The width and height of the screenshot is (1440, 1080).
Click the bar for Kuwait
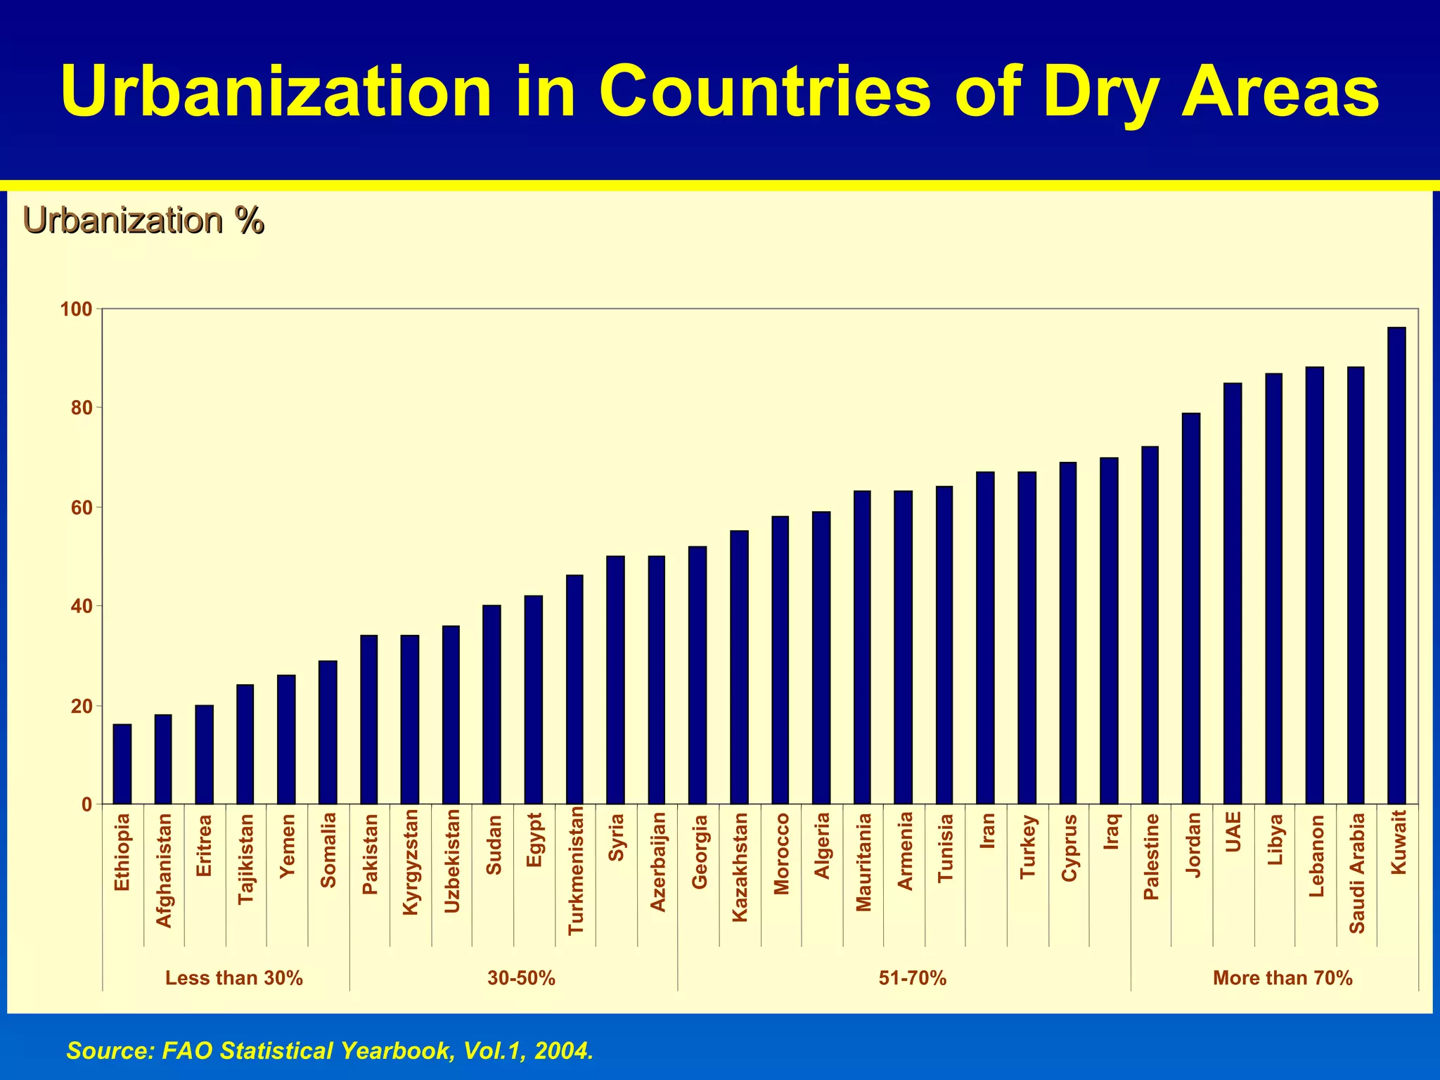[x=1396, y=566]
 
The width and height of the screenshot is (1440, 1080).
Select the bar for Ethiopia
[x=122, y=764]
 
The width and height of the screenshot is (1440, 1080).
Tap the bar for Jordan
[x=1191, y=609]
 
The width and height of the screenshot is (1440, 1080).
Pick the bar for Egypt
[x=534, y=700]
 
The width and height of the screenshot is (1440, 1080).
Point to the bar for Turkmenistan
[x=574, y=690]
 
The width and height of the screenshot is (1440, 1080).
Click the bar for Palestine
[x=1150, y=625]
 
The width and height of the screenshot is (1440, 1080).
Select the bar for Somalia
[x=328, y=733]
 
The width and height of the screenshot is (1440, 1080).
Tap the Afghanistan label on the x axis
[x=164, y=870]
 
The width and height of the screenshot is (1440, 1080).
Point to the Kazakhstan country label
[x=740, y=867]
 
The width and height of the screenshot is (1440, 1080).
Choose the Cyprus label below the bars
[x=1069, y=848]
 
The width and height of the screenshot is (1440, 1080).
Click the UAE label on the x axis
[x=1234, y=832]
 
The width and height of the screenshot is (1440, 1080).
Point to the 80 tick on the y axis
[x=82, y=408]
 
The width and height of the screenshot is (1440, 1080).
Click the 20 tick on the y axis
[x=82, y=706]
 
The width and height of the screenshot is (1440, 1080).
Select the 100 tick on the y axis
[x=77, y=309]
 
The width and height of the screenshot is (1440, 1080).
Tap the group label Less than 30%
[x=233, y=978]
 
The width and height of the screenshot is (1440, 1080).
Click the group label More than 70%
[x=1282, y=978]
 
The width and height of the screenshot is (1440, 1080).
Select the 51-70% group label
[x=913, y=978]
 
